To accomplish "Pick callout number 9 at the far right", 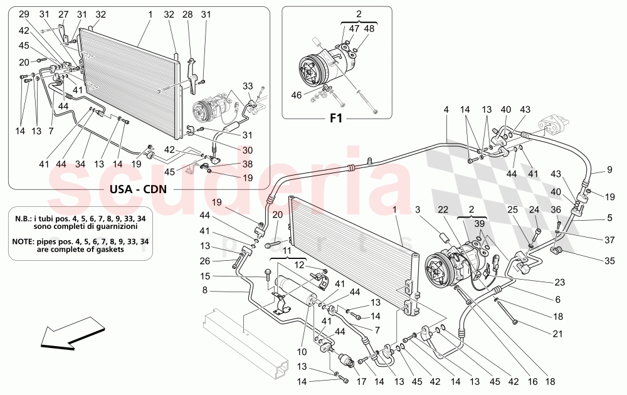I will click(x=609, y=169).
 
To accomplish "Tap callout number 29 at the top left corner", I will click(x=24, y=14).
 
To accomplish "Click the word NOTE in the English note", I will click(x=27, y=241).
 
